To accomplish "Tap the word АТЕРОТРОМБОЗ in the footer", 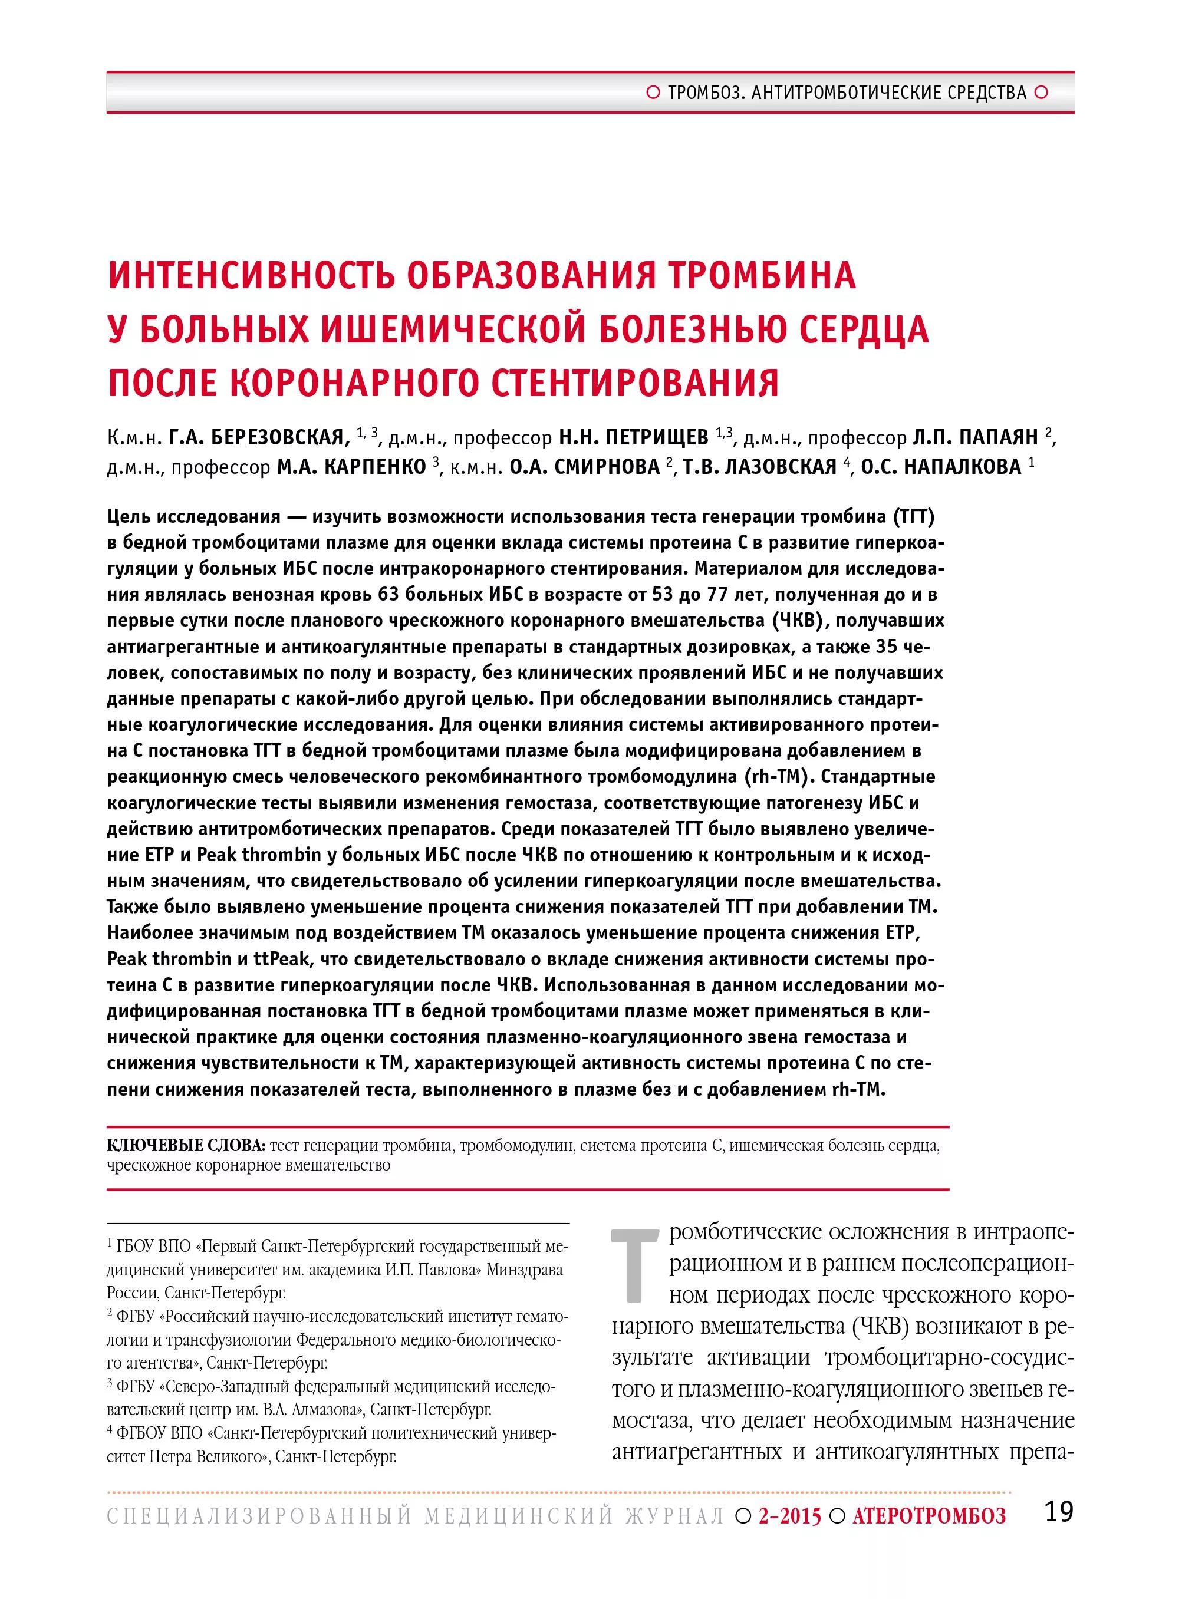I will (x=929, y=1515).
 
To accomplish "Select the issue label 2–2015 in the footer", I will (x=790, y=1515).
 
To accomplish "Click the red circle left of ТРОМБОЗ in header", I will (x=653, y=93).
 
